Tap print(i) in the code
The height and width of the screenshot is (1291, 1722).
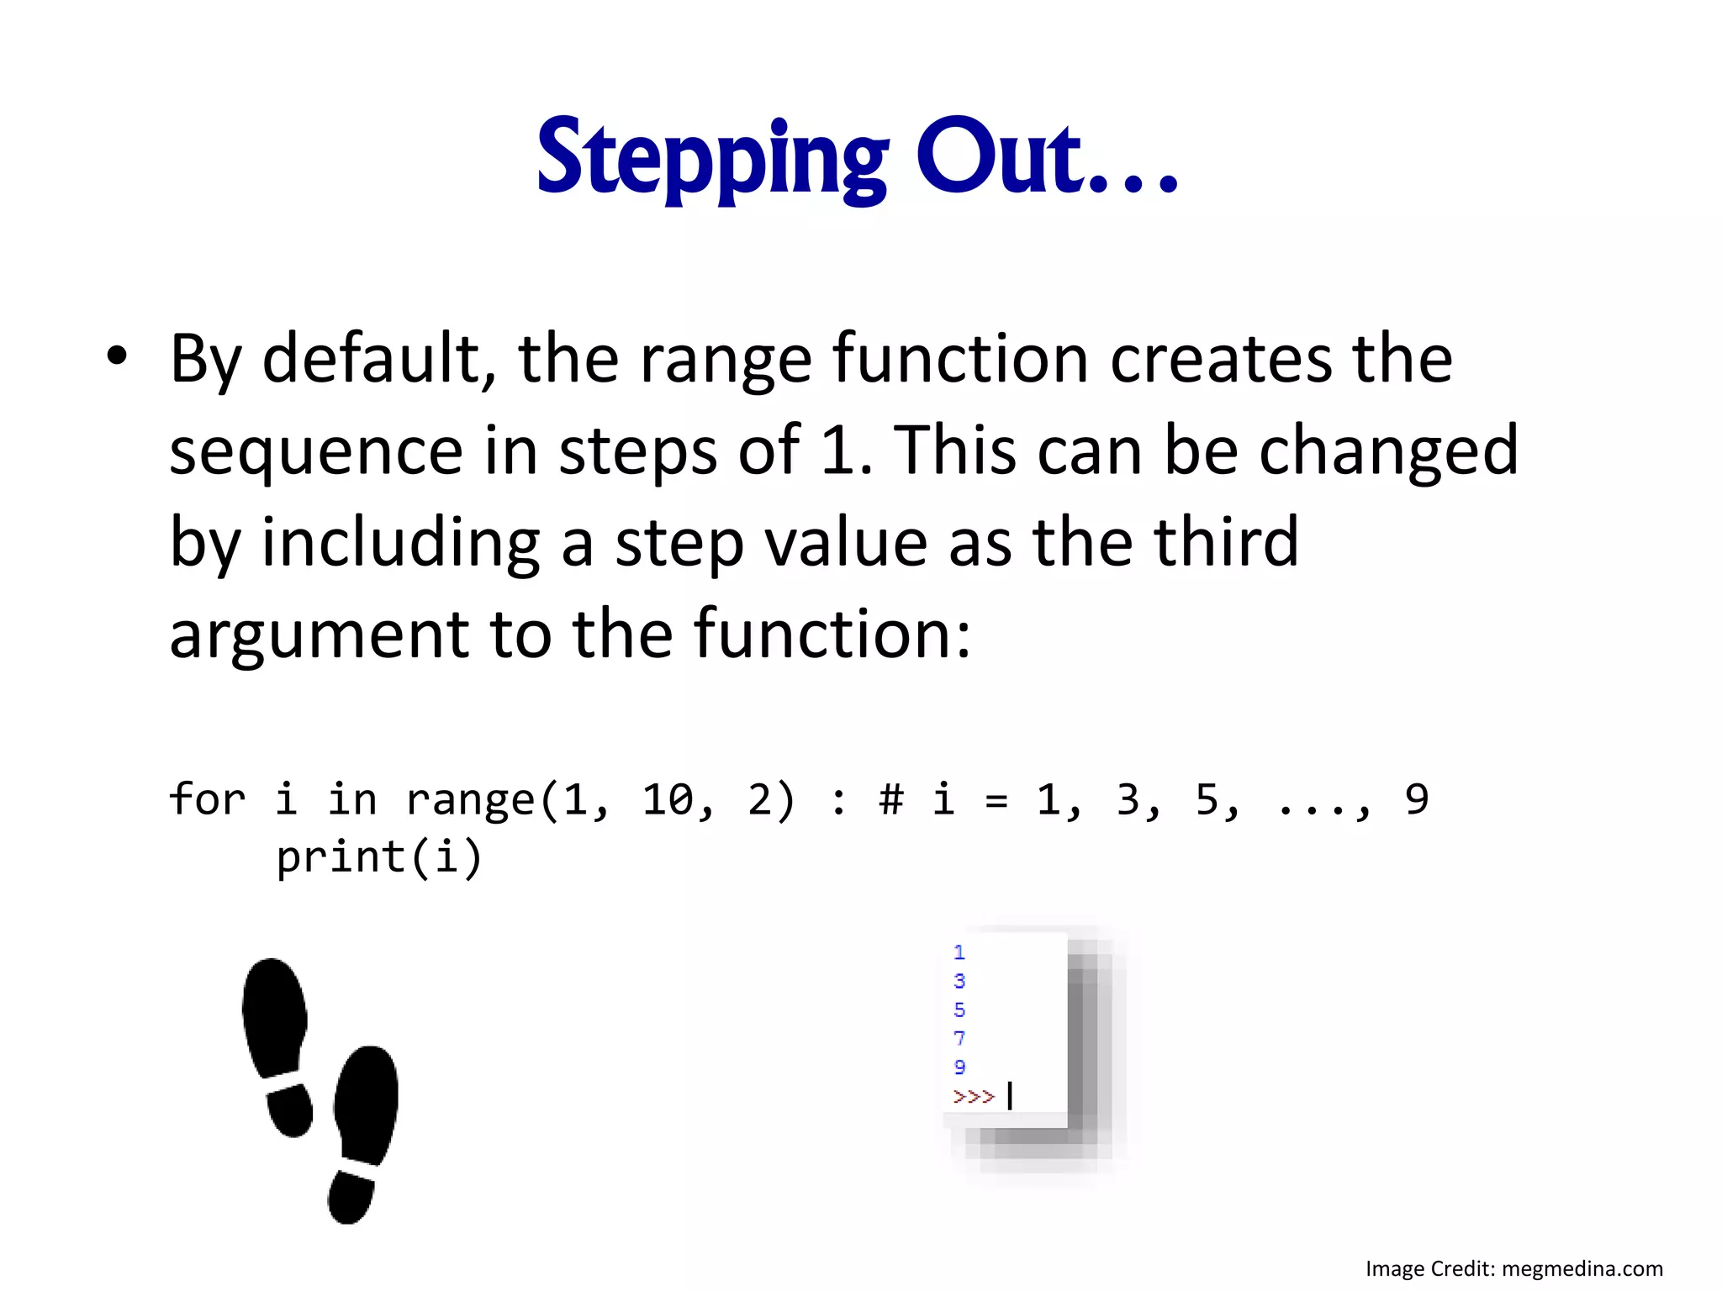point(378,857)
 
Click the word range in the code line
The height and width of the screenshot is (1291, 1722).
point(470,800)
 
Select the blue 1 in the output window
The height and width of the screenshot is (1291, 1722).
point(959,952)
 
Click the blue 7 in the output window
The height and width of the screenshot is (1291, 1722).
point(959,1038)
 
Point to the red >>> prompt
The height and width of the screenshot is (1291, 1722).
point(974,1096)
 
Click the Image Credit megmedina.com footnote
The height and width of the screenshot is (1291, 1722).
point(1513,1268)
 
